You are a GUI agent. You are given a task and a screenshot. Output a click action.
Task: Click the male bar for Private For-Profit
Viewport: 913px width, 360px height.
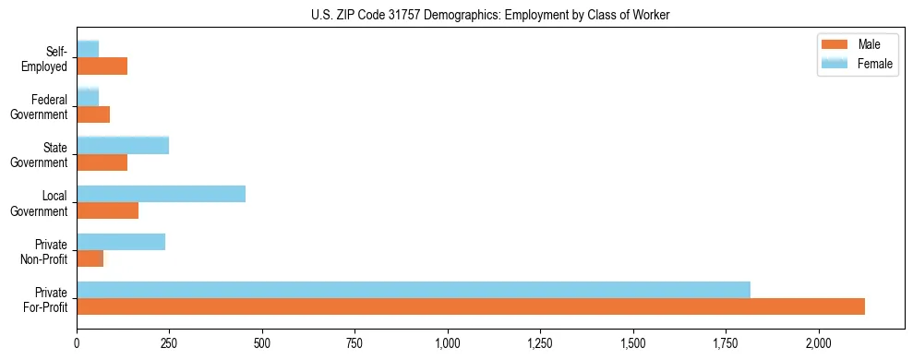coord(471,306)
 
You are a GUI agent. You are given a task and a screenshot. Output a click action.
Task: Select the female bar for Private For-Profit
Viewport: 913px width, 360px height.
coord(414,290)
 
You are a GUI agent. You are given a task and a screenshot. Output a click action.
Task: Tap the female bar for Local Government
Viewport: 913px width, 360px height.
coord(161,193)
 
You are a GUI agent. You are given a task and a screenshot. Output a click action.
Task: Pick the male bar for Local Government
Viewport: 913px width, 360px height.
coord(107,210)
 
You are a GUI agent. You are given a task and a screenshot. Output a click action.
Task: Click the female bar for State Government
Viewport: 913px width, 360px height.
coord(123,145)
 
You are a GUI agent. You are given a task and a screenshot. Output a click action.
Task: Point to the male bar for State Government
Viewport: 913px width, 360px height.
coord(102,162)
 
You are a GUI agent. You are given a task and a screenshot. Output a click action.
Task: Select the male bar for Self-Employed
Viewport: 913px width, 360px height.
coord(102,66)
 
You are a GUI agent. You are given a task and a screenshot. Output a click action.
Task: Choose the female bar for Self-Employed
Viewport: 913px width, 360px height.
coord(88,49)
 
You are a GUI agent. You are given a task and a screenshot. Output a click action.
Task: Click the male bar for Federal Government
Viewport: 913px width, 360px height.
coord(93,114)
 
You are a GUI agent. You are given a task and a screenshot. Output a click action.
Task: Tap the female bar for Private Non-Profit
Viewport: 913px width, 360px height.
coord(121,242)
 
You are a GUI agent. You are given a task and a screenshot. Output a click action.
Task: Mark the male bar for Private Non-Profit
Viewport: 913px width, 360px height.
coord(90,258)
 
